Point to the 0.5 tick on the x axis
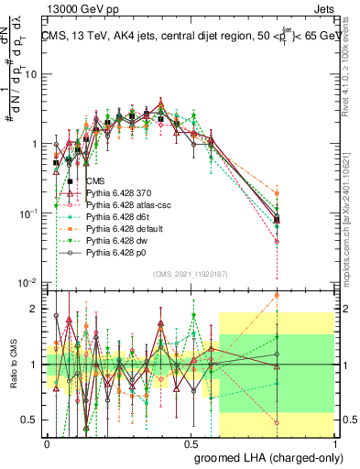(190, 442)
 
